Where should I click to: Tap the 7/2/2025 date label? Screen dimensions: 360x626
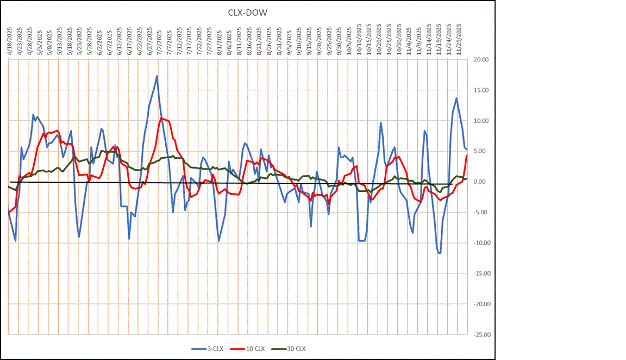pyautogui.click(x=159, y=41)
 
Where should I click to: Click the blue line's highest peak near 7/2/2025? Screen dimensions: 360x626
pyautogui.click(x=157, y=76)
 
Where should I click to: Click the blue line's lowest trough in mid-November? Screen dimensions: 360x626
pyautogui.click(x=439, y=253)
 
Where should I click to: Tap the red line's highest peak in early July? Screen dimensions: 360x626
pyautogui.click(x=161, y=118)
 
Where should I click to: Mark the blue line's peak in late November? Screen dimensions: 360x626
pyautogui.click(x=456, y=98)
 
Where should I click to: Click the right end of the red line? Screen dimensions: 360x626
pyautogui.click(x=466, y=156)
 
